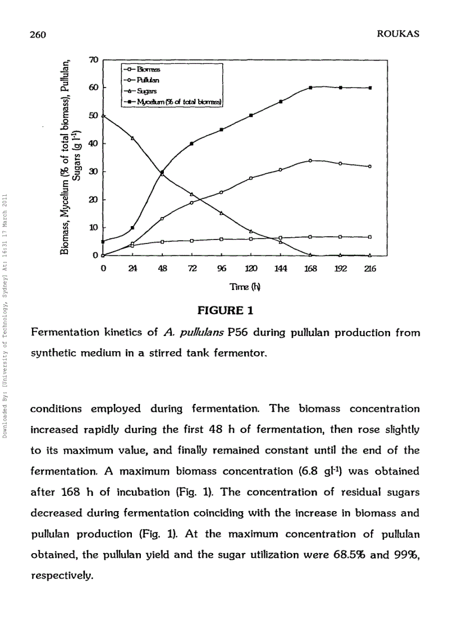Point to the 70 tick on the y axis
click(x=94, y=59)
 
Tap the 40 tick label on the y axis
click(x=94, y=144)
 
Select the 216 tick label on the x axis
click(x=369, y=269)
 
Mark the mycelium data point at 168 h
click(x=310, y=88)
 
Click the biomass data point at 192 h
click(x=340, y=237)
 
